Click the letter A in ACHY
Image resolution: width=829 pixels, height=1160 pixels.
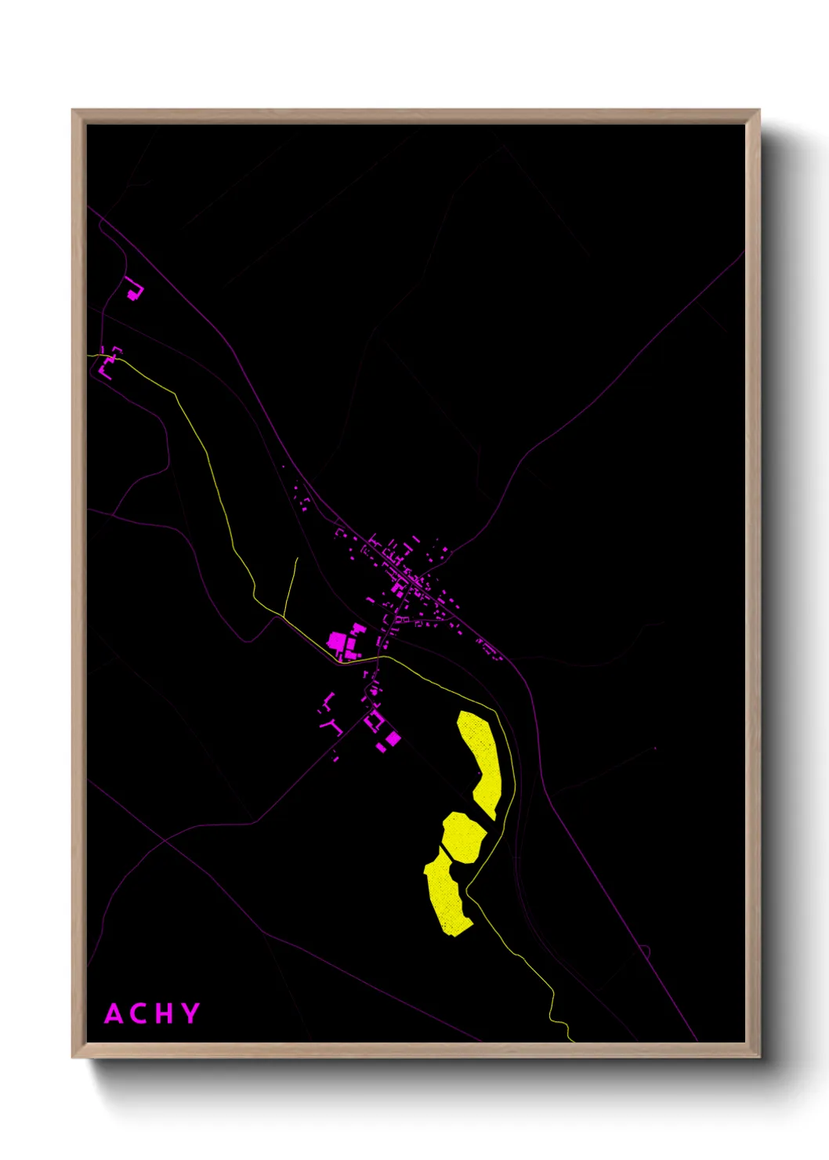pos(114,1013)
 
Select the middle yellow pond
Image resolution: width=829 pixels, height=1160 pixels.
pos(463,836)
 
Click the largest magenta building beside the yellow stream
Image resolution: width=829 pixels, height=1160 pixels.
pos(338,642)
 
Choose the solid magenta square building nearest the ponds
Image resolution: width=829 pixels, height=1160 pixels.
pos(393,738)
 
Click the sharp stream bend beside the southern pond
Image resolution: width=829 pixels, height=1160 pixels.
pos(468,889)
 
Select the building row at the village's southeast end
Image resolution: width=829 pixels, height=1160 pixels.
pos(488,649)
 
